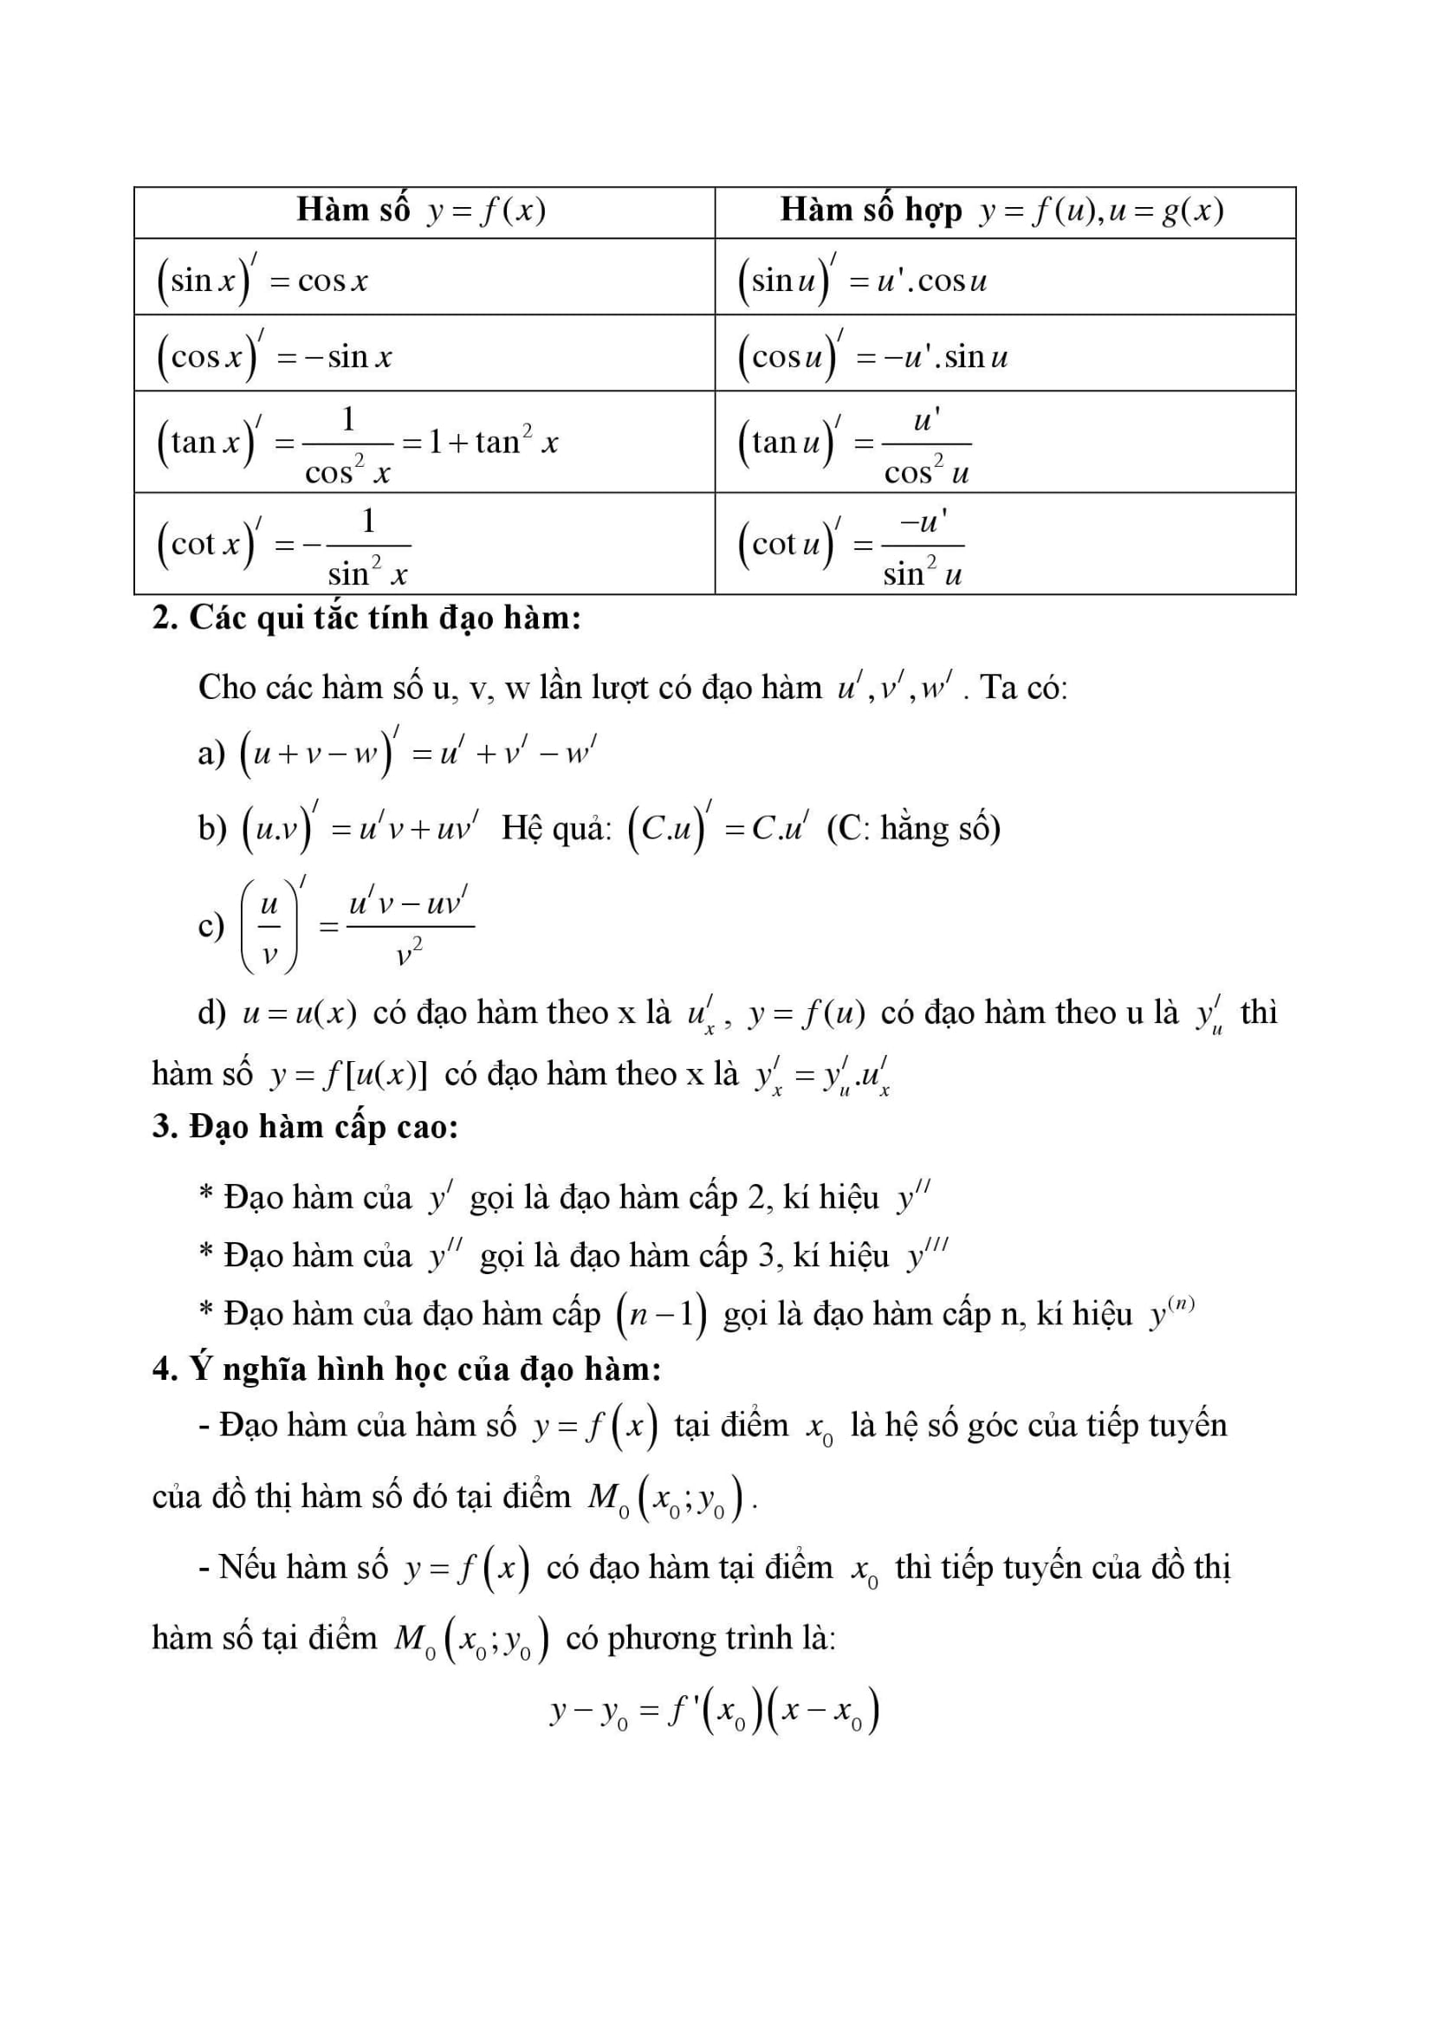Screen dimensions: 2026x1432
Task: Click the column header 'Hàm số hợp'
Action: pyautogui.click(x=870, y=210)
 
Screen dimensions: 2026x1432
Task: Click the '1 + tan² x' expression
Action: pyautogui.click(x=492, y=441)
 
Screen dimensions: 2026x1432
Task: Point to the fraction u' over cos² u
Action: pyautogui.click(x=925, y=444)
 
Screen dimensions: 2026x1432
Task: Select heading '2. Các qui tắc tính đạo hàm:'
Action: pyautogui.click(x=366, y=618)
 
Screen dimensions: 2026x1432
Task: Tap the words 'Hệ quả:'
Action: pyautogui.click(x=556, y=829)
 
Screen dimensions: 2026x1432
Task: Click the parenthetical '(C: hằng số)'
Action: pyautogui.click(x=913, y=829)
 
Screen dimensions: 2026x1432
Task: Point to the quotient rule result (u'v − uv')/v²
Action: pyautogui.click(x=410, y=927)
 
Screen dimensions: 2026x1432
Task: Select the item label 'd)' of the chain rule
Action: pyautogui.click(x=211, y=1012)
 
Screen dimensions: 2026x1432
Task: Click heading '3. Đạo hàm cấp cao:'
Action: pyautogui.click(x=305, y=1127)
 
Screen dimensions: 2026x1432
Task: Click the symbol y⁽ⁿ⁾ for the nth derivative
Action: pyautogui.click(x=1171, y=1313)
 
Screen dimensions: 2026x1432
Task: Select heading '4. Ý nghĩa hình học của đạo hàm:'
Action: pyautogui.click(x=407, y=1369)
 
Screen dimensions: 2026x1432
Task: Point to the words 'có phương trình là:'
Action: pyautogui.click(x=701, y=1638)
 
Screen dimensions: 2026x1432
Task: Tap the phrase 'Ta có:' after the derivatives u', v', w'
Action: pyautogui.click(x=1023, y=688)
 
